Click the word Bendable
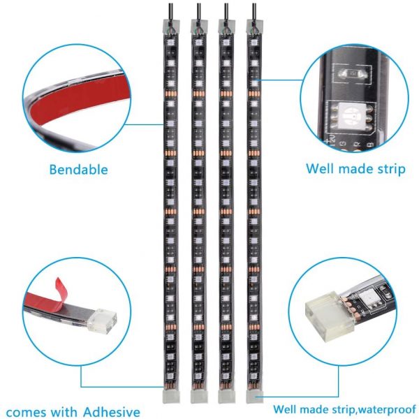(x=78, y=170)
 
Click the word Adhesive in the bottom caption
(x=112, y=412)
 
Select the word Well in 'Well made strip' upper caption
(x=319, y=168)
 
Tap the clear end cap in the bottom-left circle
(x=103, y=321)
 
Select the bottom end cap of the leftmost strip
(x=171, y=396)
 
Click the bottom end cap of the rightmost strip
(x=254, y=396)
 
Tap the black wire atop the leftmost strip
(x=171, y=10)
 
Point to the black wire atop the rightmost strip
(x=254, y=10)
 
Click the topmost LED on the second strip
(x=198, y=43)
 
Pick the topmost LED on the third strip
(x=226, y=43)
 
